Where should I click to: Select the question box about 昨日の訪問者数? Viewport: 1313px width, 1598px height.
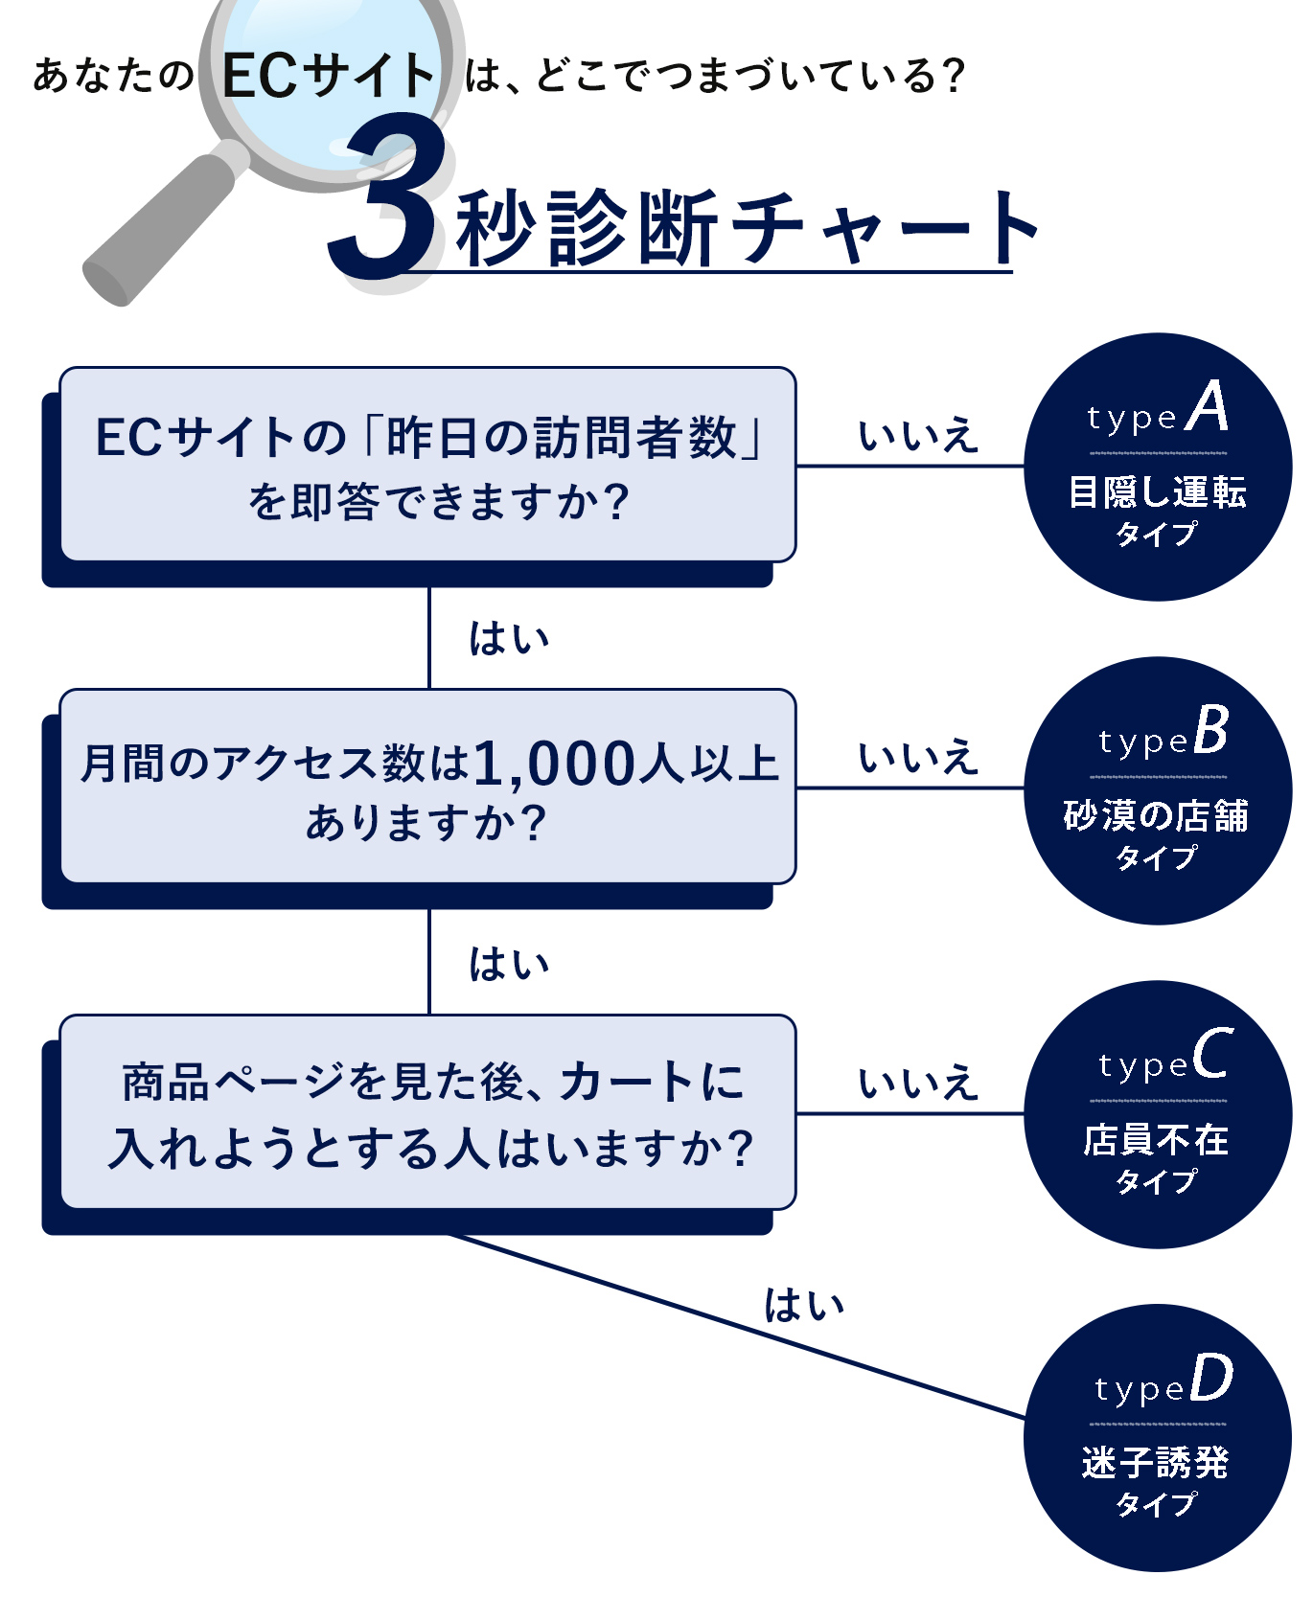click(x=427, y=465)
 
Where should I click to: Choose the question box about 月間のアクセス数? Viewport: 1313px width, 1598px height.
click(x=427, y=787)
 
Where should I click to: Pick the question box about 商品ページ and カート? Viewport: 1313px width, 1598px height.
click(x=427, y=1112)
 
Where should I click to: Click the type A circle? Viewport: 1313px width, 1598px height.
click(x=1158, y=467)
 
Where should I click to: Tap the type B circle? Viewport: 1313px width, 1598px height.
click(x=1158, y=790)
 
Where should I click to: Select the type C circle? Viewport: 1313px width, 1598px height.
click(x=1158, y=1114)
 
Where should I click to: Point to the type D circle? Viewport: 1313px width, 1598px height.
click(x=1158, y=1438)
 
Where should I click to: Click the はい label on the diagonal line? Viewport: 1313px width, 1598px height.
click(x=803, y=1306)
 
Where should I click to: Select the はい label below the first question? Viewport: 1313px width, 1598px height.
click(x=509, y=639)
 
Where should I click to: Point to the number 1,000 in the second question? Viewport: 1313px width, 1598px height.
click(x=554, y=765)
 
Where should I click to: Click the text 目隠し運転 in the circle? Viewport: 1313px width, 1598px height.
click(x=1158, y=492)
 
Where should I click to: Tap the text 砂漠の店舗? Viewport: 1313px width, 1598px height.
click(x=1157, y=816)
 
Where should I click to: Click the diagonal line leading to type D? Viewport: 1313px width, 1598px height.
click(x=738, y=1326)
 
